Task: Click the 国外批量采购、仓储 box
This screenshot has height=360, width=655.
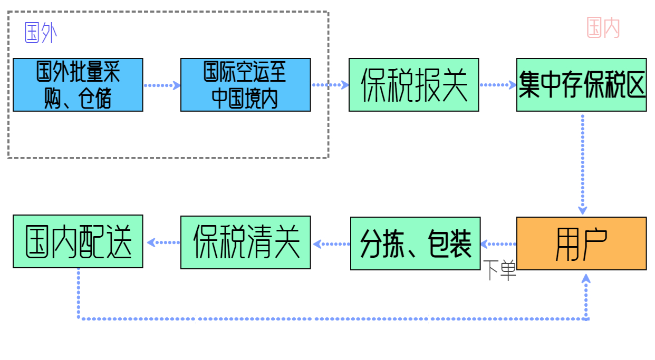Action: tap(78, 85)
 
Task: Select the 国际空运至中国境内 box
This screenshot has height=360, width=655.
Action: tap(245, 85)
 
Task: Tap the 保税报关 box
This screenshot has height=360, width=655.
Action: tap(413, 85)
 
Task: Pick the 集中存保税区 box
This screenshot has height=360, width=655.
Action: tap(581, 85)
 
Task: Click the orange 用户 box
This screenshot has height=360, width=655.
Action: tap(581, 244)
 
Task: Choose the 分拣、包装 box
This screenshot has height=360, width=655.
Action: tap(415, 244)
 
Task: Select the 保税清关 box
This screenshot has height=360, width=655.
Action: tap(245, 242)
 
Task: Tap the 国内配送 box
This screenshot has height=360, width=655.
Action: tap(78, 241)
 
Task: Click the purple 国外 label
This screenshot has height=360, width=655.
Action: tap(41, 33)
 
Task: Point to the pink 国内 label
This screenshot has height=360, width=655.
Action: tap(603, 27)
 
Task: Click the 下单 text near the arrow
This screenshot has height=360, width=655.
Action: tap(499, 271)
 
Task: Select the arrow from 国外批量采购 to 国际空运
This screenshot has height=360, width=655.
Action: tap(162, 85)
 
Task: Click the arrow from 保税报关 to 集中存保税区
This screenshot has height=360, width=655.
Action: tap(498, 85)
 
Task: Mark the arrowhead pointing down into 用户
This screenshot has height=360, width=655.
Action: tap(582, 210)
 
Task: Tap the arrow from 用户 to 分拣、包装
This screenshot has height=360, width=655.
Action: tap(498, 244)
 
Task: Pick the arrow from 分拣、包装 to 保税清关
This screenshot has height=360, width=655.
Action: tap(331, 244)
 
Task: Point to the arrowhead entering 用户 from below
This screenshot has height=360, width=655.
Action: tap(585, 279)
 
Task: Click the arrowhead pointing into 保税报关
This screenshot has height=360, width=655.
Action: tap(344, 85)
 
